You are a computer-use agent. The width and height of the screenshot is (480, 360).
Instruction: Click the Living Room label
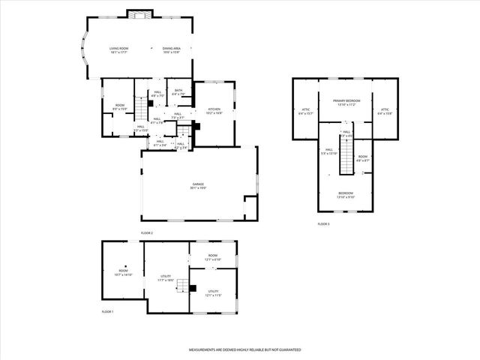coord(119,49)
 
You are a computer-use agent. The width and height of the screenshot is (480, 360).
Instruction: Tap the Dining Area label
coord(172,49)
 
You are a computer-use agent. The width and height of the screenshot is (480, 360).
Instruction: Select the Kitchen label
coord(214,111)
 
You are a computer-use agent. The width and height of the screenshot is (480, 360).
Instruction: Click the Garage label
coord(198,185)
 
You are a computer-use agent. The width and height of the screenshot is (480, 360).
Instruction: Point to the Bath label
coord(178,93)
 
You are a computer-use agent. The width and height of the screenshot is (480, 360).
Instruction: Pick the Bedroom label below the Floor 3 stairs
coord(346,194)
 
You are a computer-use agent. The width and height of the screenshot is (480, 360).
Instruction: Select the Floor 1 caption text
coord(108,311)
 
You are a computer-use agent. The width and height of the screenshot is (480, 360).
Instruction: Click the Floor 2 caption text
coord(147,233)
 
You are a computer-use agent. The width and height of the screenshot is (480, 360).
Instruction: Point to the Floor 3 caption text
coord(323,224)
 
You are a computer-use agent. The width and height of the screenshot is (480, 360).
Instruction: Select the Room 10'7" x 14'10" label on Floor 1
coord(123,273)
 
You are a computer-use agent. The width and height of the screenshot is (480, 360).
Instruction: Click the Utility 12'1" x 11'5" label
coord(213,293)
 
